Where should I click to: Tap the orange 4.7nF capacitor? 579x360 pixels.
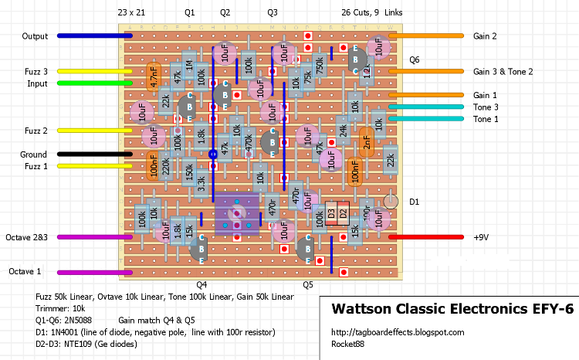pyautogui.click(x=153, y=77)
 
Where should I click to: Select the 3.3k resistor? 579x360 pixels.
pyautogui.click(x=201, y=184)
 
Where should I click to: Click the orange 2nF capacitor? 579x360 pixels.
pyautogui.click(x=367, y=142)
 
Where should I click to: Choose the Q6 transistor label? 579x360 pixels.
pyautogui.click(x=415, y=59)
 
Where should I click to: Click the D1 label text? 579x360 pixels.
pyautogui.click(x=414, y=202)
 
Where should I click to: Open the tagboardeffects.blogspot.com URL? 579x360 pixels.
pyautogui.click(x=398, y=332)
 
